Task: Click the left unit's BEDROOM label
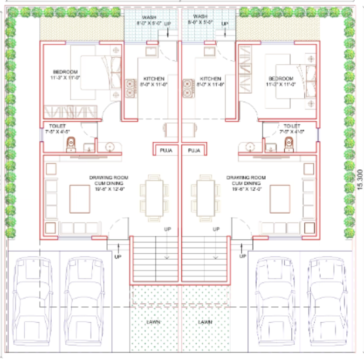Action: pyautogui.click(x=67, y=72)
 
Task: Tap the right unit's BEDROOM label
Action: pyautogui.click(x=281, y=78)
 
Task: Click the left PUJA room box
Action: pyautogui.click(x=165, y=151)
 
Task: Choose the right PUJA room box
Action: pyautogui.click(x=194, y=151)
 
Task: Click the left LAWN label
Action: pyautogui.click(x=154, y=322)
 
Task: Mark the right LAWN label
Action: pyautogui.click(x=205, y=322)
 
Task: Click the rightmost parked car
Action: pyautogui.click(x=329, y=299)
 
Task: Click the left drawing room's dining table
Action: pyautogui.click(x=155, y=196)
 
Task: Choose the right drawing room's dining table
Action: pyautogui.click(x=206, y=196)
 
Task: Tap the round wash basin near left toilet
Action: pyautogui.click(x=110, y=147)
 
